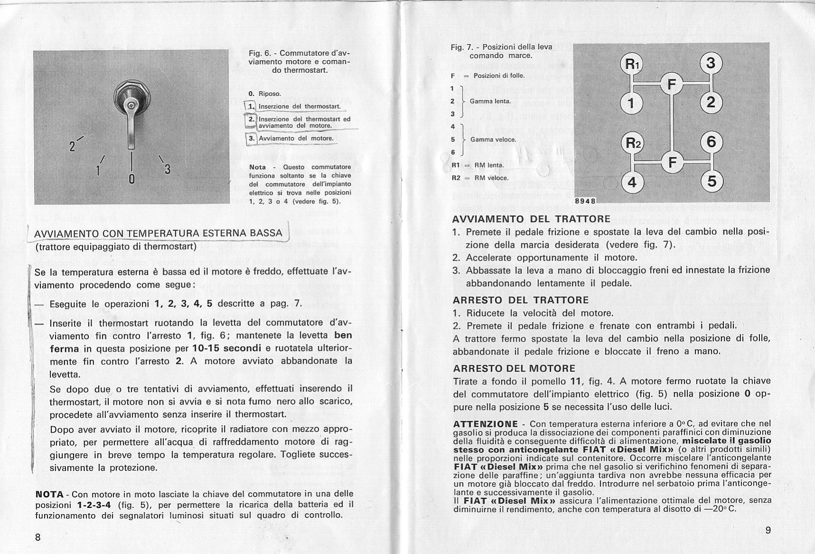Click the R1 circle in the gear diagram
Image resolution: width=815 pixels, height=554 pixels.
[x=631, y=64]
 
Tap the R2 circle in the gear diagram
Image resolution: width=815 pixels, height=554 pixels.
[x=631, y=142]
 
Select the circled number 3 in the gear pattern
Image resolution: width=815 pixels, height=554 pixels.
[x=710, y=63]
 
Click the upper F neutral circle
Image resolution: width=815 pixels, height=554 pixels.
[x=671, y=85]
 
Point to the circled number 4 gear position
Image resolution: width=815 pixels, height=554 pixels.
[x=632, y=182]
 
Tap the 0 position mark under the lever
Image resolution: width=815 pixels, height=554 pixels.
[x=132, y=179]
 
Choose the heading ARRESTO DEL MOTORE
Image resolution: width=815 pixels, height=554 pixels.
[x=514, y=368]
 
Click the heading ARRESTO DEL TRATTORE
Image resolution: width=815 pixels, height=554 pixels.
[x=521, y=300]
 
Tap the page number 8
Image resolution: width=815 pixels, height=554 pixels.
[x=38, y=537]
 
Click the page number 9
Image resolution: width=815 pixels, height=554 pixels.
[x=768, y=530]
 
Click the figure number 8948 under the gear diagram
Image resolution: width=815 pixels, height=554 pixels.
[x=585, y=201]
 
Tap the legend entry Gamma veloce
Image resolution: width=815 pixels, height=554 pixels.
[x=493, y=140]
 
